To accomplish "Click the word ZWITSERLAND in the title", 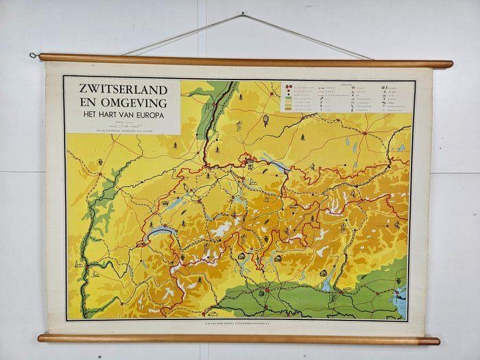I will click(x=122, y=90).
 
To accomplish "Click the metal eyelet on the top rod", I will click(x=32, y=56).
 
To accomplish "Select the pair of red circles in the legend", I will click(x=287, y=88).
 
